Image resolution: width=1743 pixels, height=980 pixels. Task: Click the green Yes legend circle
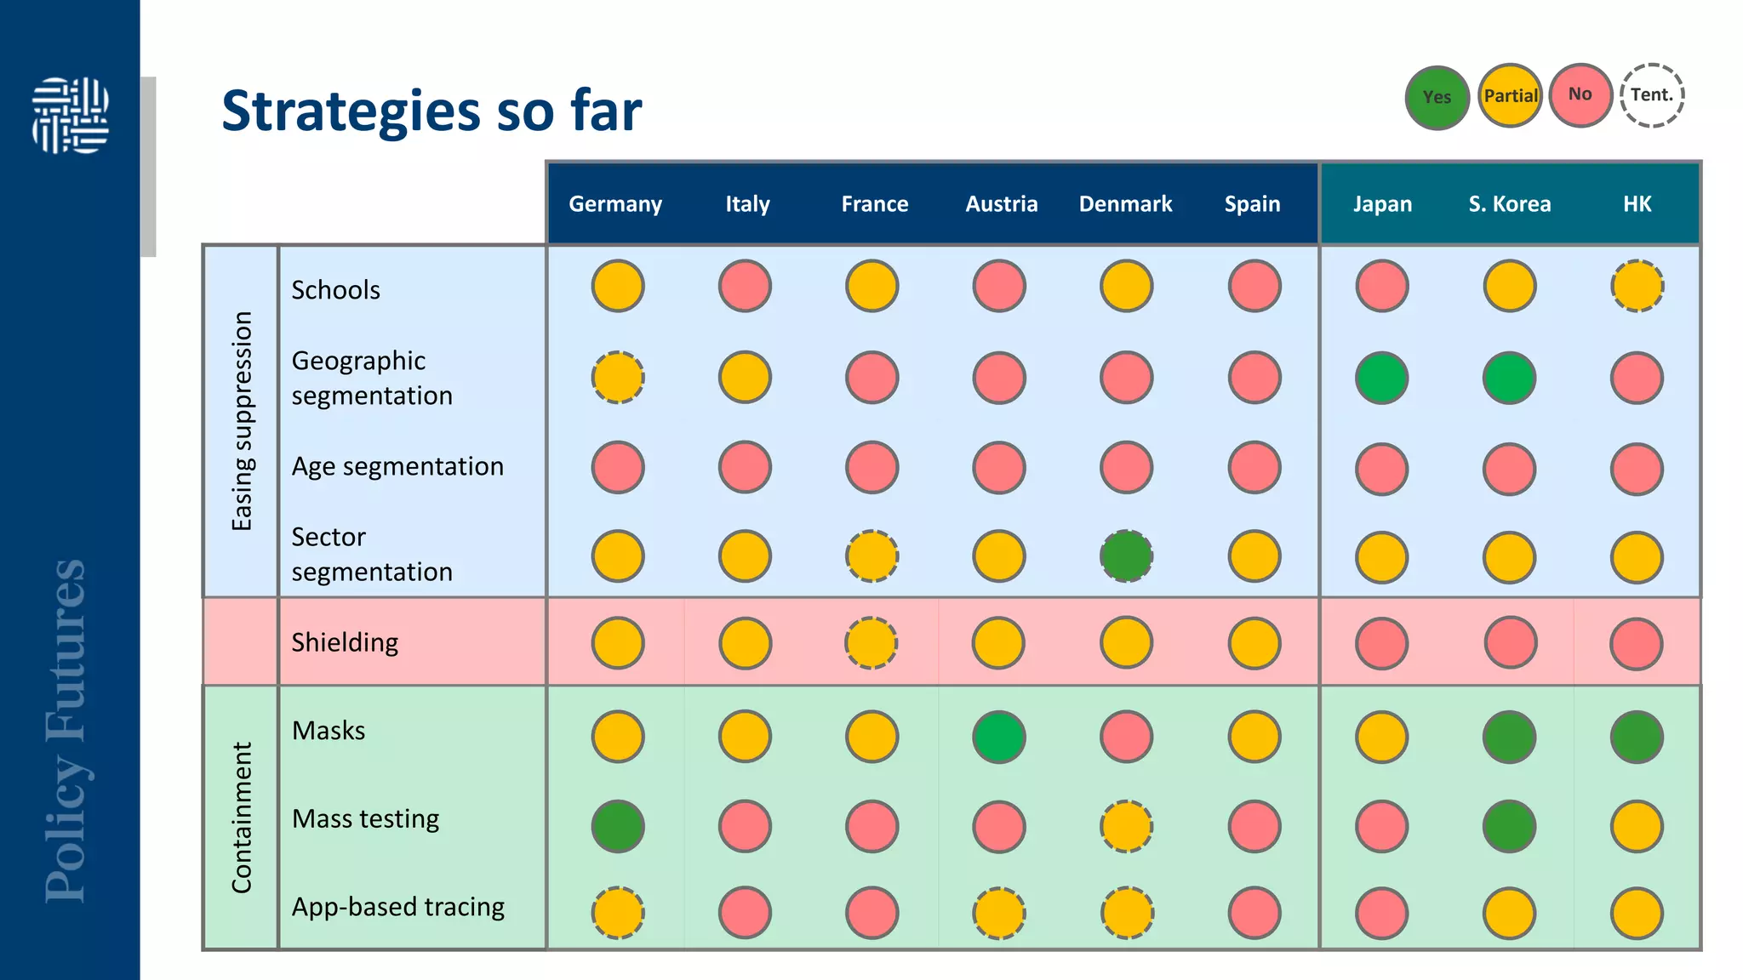pos(1437,97)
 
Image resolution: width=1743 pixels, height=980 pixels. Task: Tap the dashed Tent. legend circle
pos(1652,95)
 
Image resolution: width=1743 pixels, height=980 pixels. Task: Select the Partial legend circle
pos(1510,95)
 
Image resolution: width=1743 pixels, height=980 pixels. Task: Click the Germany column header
pos(615,204)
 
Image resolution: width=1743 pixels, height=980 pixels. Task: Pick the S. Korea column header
pos(1509,204)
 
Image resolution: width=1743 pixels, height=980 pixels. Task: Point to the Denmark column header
pos(1125,204)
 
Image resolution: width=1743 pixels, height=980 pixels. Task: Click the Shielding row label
pos(345,642)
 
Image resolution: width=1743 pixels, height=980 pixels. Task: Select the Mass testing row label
pos(365,818)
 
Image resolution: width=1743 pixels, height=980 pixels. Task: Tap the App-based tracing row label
pos(397,907)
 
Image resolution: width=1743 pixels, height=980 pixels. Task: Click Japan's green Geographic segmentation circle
pos(1381,378)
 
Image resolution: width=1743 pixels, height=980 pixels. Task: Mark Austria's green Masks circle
pos(998,737)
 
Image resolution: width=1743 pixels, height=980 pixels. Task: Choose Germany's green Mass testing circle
pos(618,826)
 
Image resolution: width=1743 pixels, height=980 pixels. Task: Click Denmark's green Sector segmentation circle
pos(1126,556)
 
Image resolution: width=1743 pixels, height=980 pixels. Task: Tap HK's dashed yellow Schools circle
pos(1637,286)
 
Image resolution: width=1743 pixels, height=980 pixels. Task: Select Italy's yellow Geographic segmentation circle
pos(745,377)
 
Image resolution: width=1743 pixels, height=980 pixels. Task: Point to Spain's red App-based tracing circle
pos(1254,913)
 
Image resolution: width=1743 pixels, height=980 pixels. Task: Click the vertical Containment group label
pos(242,818)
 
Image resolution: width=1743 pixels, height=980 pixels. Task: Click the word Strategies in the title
pos(351,111)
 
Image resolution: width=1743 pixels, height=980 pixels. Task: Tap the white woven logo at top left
pos(70,115)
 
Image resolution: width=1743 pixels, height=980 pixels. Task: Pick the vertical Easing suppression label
pos(242,421)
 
